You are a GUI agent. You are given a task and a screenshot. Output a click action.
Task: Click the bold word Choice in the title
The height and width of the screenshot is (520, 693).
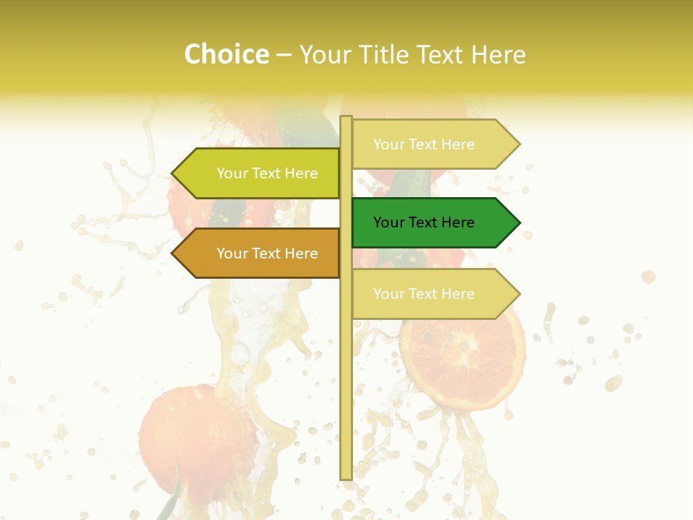click(226, 54)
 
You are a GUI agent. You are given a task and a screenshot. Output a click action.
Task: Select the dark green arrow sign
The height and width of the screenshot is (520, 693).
click(433, 222)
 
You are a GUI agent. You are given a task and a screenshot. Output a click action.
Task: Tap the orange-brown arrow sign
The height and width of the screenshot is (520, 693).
click(260, 253)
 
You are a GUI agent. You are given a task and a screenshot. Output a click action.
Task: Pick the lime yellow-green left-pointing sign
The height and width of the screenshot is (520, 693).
click(260, 173)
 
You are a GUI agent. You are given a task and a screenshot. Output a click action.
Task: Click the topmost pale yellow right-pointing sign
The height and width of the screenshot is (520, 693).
click(433, 144)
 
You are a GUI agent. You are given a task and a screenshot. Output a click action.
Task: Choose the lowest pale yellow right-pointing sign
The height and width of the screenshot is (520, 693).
click(433, 294)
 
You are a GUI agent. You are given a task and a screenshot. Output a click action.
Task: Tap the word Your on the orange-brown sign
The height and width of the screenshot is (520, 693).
click(232, 253)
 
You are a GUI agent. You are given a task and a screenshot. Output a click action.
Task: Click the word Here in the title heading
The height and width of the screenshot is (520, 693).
click(499, 54)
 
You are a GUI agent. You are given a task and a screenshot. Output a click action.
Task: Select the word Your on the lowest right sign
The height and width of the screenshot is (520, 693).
click(388, 294)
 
